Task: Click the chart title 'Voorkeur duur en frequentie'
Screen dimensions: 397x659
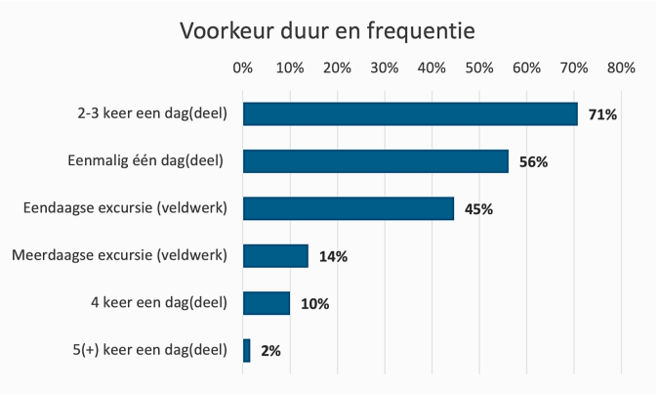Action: click(x=327, y=31)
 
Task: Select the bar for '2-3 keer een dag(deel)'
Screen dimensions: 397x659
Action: click(x=410, y=114)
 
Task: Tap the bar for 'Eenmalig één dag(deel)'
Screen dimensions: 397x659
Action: click(x=376, y=161)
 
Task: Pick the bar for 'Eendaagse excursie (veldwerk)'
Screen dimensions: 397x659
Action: click(x=349, y=208)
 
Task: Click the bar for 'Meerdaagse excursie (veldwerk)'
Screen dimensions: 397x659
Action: click(x=275, y=256)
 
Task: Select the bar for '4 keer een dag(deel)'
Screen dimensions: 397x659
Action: click(x=267, y=303)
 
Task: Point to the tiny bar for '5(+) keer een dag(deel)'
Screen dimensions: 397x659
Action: click(x=247, y=350)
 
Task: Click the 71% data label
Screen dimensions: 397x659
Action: click(x=602, y=115)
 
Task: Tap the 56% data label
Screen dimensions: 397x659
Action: click(x=533, y=162)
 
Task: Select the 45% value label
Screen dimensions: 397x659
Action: click(x=478, y=209)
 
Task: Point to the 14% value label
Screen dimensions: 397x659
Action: click(x=333, y=257)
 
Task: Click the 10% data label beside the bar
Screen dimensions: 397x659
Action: click(x=314, y=304)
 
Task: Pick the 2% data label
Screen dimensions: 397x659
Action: click(x=270, y=351)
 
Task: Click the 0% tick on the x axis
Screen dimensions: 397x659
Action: click(x=243, y=68)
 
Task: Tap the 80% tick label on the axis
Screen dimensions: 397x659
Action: click(x=621, y=68)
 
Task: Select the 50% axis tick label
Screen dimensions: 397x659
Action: click(x=478, y=68)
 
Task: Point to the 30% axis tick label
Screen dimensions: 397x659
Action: click(x=384, y=68)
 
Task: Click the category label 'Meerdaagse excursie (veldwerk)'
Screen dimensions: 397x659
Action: click(x=119, y=256)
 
